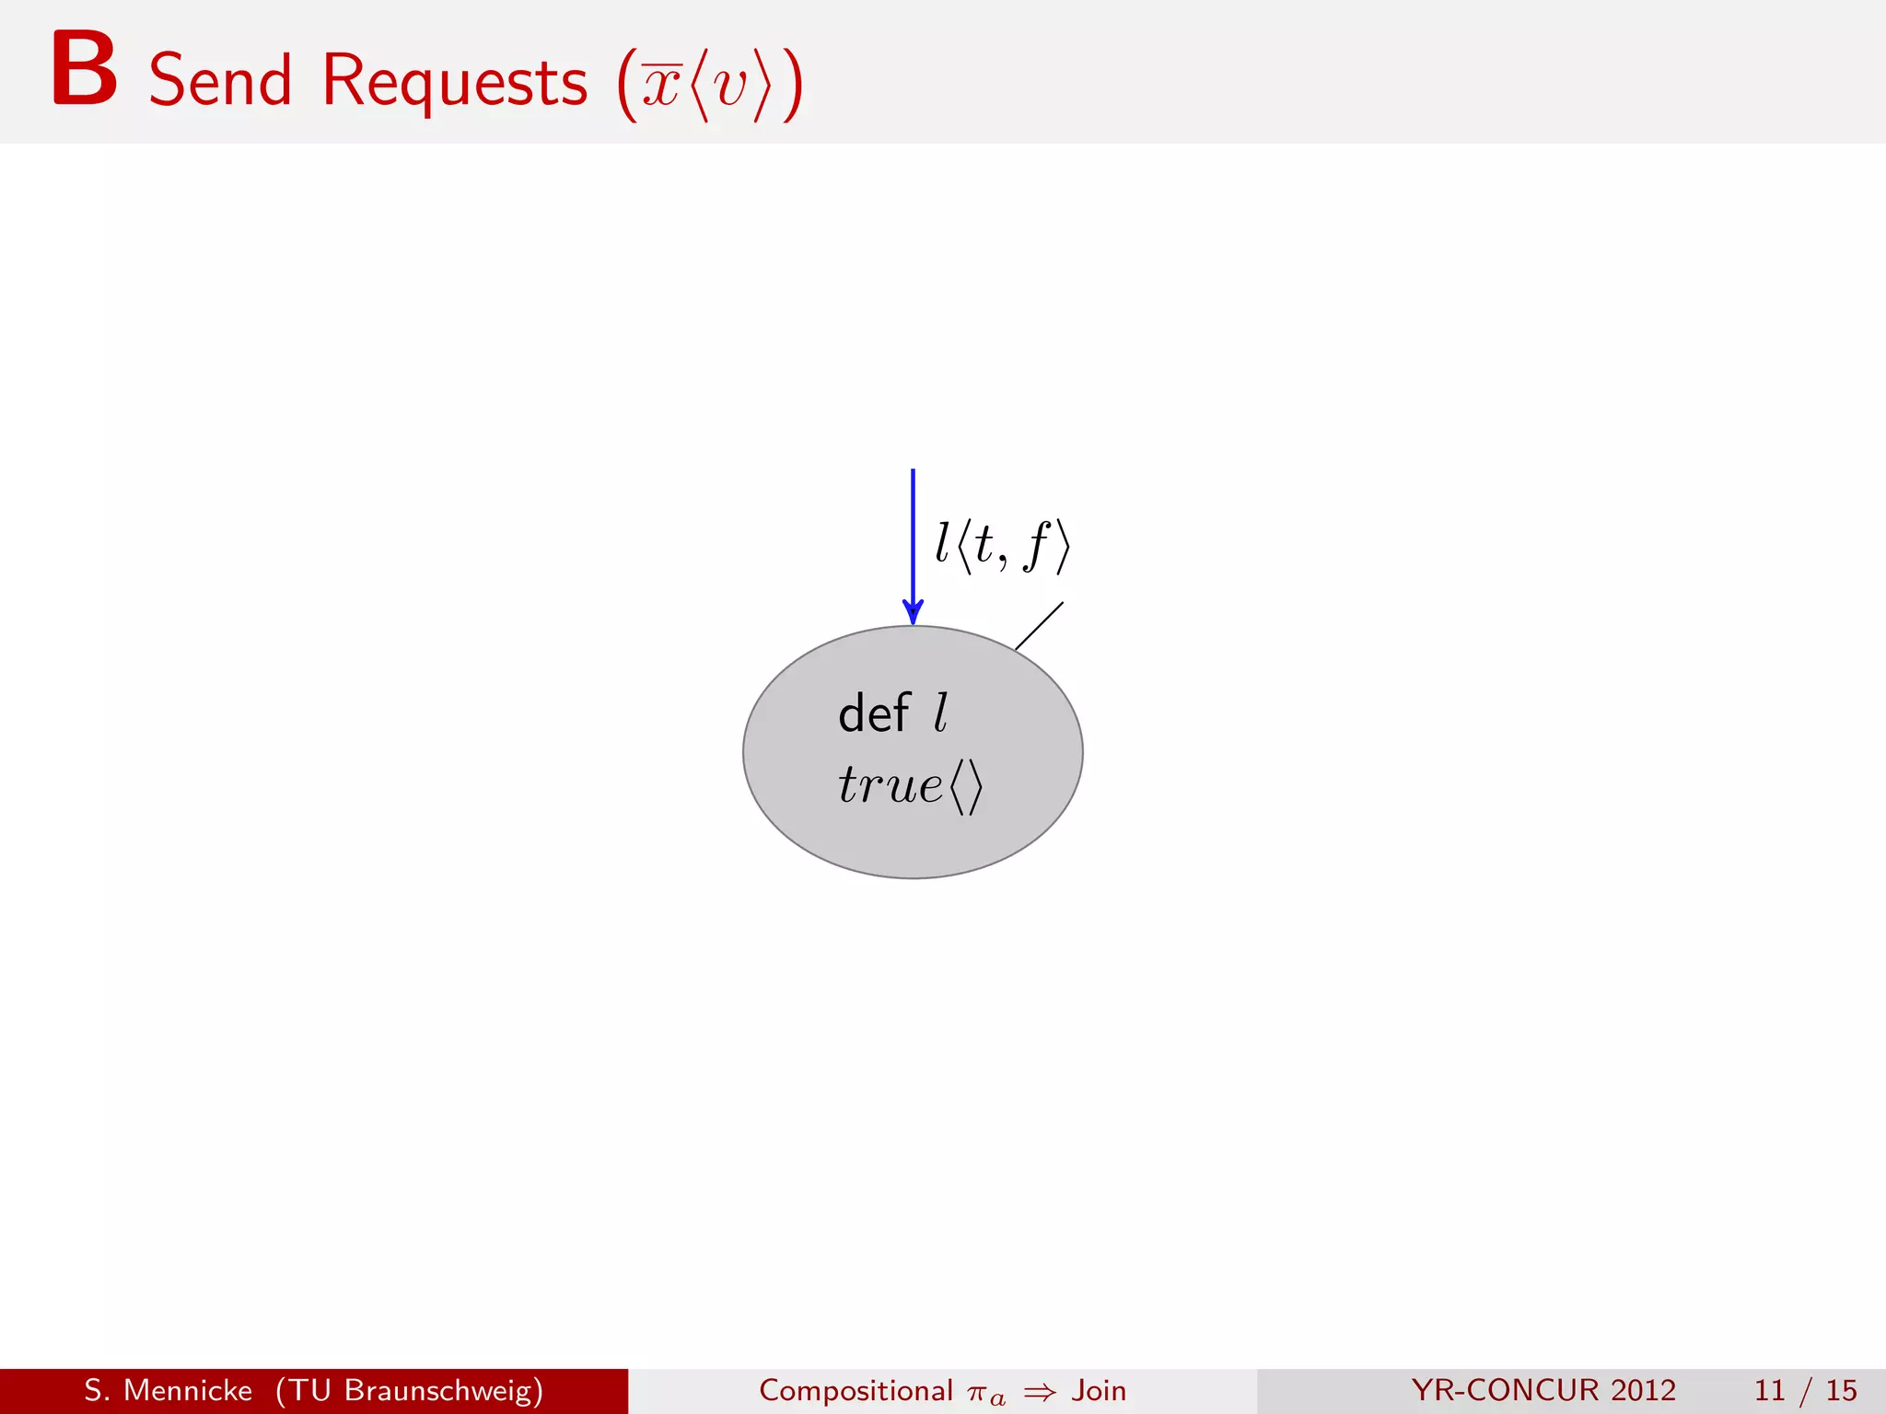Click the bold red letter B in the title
[x=84, y=70]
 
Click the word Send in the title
[x=220, y=81]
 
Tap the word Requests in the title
[x=454, y=81]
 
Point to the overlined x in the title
[x=661, y=87]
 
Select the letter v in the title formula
[x=729, y=87]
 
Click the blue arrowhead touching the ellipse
[x=913, y=611]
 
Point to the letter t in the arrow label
[x=984, y=544]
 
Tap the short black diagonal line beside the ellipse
[x=1039, y=626]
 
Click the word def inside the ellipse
[x=873, y=713]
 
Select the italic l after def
[x=940, y=713]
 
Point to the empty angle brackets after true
[x=967, y=787]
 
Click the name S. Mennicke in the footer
[x=168, y=1390]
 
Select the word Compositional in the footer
[x=856, y=1390]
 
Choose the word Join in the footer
[x=1099, y=1390]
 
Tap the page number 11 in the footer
[x=1769, y=1390]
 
